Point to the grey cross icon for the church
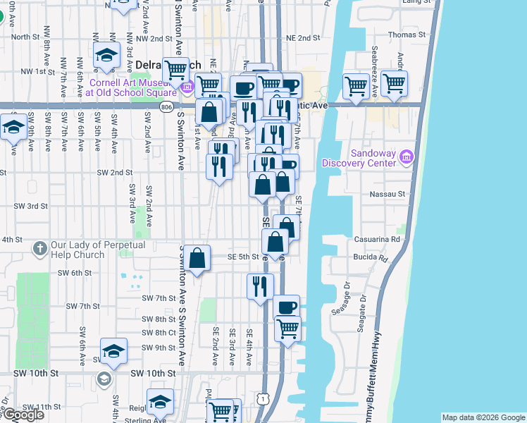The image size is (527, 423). pos(39,249)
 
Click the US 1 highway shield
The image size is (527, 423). pos(263,399)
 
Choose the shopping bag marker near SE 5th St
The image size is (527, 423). pos(199,258)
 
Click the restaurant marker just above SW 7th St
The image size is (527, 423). pos(260,286)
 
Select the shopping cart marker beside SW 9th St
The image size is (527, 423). pos(287,329)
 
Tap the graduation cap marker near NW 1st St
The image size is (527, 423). pos(106,55)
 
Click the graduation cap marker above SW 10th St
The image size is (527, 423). pos(113,351)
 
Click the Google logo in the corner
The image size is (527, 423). pos(23,415)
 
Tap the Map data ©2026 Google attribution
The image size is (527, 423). pos(483,417)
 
